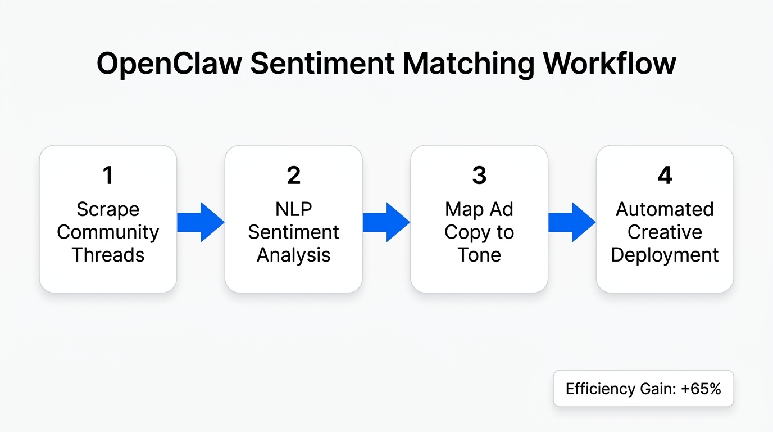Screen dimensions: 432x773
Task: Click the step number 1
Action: click(108, 175)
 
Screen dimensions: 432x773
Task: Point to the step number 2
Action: click(293, 175)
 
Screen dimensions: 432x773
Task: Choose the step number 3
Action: click(479, 175)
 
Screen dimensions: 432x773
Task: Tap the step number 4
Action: click(665, 175)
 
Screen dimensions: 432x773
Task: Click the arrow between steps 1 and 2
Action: click(201, 222)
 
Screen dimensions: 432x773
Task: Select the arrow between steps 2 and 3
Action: click(387, 222)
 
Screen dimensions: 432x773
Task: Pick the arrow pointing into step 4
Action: click(572, 222)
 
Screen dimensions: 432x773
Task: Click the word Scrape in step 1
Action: click(108, 209)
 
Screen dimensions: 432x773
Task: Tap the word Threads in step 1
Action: click(108, 255)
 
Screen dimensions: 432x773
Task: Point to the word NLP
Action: click(293, 209)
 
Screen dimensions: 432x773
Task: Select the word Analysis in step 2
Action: click(293, 255)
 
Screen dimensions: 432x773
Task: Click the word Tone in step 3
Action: click(479, 255)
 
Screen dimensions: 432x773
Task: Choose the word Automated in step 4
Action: click(665, 209)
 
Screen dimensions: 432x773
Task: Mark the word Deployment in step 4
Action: click(665, 255)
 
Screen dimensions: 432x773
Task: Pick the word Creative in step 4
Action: click(665, 232)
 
